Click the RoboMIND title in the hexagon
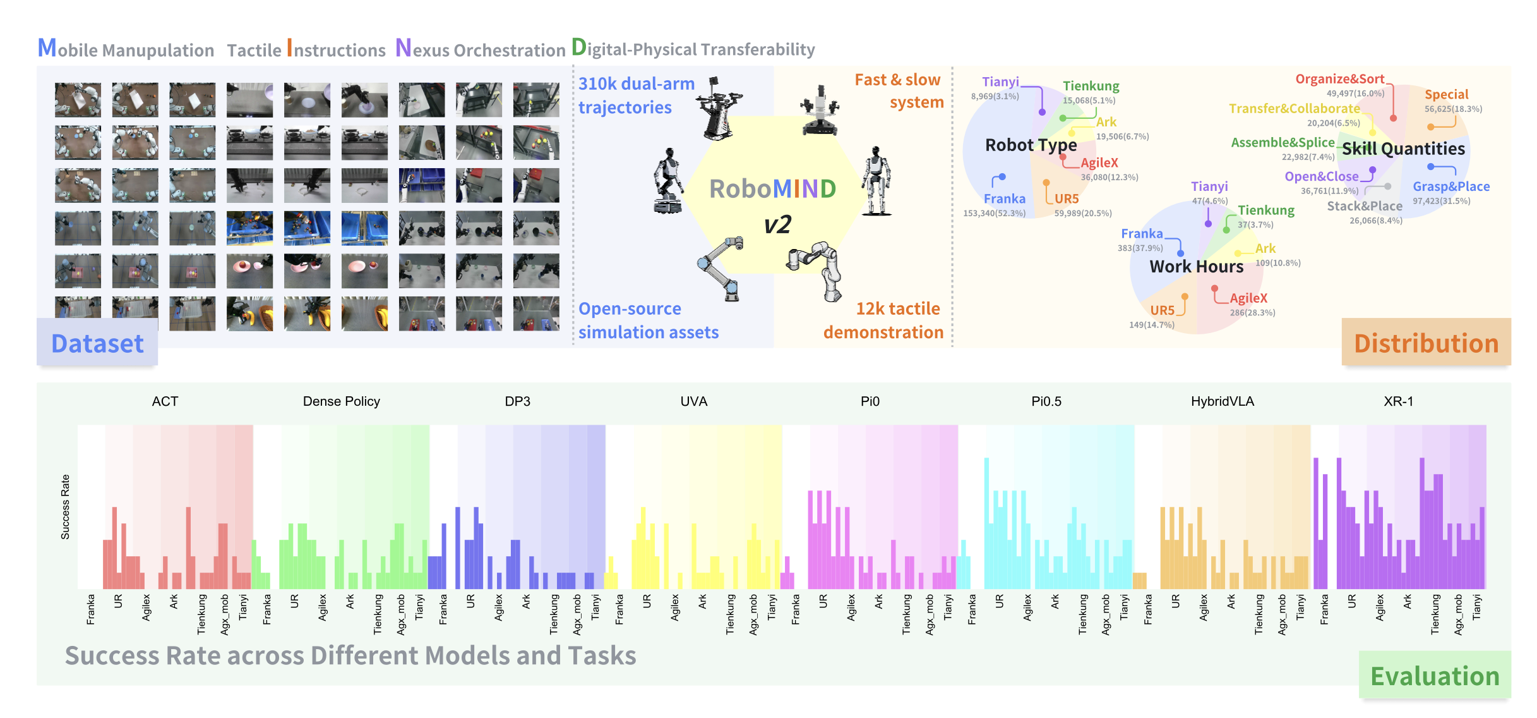[x=772, y=189]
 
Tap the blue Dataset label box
[x=97, y=343]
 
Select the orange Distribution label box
[x=1426, y=343]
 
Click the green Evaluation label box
[x=1434, y=676]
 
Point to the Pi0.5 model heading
[x=1046, y=401]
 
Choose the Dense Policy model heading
[x=341, y=401]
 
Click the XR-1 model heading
[x=1398, y=401]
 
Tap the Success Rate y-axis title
[x=65, y=507]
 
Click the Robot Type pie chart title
[x=1031, y=145]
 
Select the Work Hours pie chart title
[x=1196, y=267]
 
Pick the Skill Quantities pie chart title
[x=1403, y=149]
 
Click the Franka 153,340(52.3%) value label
[x=994, y=213]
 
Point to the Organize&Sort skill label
[x=1339, y=79]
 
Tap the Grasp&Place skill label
[x=1450, y=186]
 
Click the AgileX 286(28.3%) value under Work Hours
[x=1252, y=312]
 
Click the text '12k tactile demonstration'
[x=883, y=320]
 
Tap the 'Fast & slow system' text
[x=899, y=91]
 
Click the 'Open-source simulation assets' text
[x=648, y=320]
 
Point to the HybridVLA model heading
[x=1222, y=401]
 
